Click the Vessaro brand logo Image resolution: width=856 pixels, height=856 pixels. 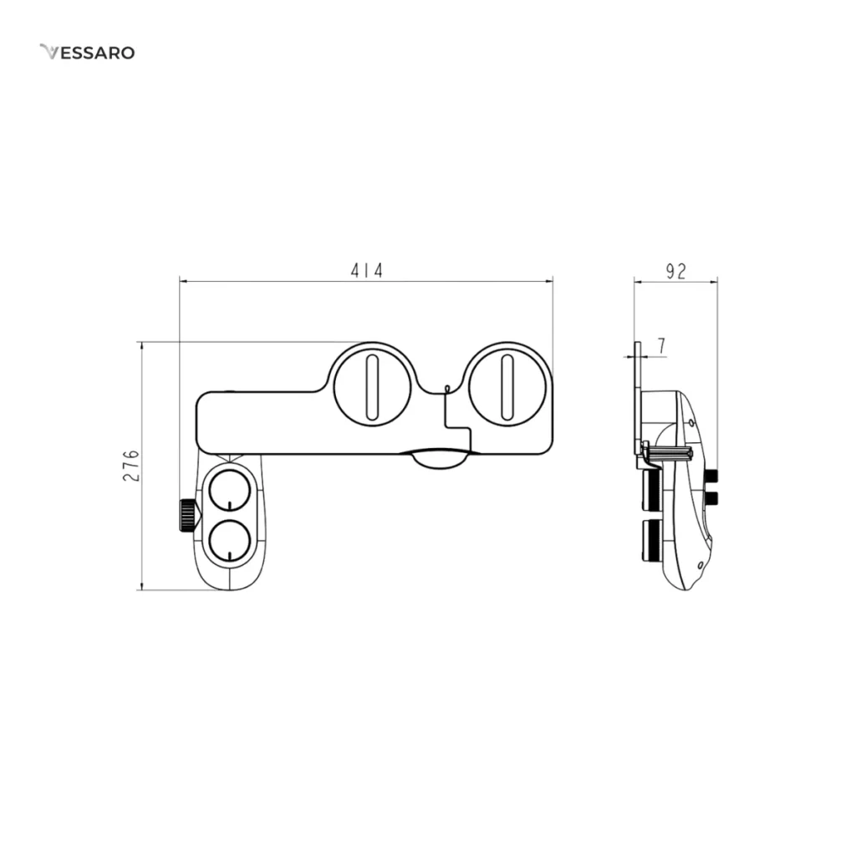[87, 53]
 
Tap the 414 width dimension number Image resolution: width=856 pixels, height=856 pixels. [367, 270]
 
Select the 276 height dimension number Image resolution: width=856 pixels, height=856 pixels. [131, 466]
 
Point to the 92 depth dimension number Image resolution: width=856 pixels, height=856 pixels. [675, 272]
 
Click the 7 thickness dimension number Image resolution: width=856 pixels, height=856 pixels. [662, 345]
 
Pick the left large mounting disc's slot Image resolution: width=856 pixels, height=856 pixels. [372, 387]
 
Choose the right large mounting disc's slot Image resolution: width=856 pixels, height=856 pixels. [507, 387]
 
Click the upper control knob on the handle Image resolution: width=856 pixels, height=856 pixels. [230, 490]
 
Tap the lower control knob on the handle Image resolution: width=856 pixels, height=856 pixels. [230, 540]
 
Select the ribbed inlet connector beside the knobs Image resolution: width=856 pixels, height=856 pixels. [187, 514]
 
